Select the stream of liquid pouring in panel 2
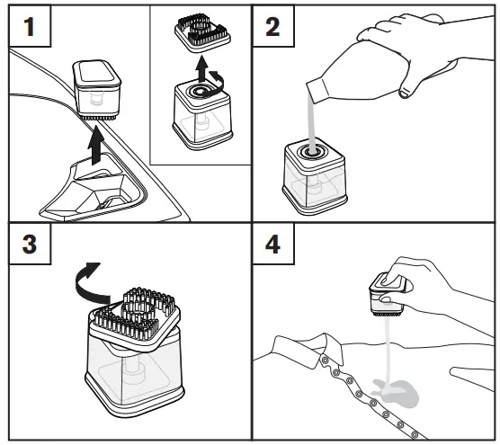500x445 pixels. point(310,117)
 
